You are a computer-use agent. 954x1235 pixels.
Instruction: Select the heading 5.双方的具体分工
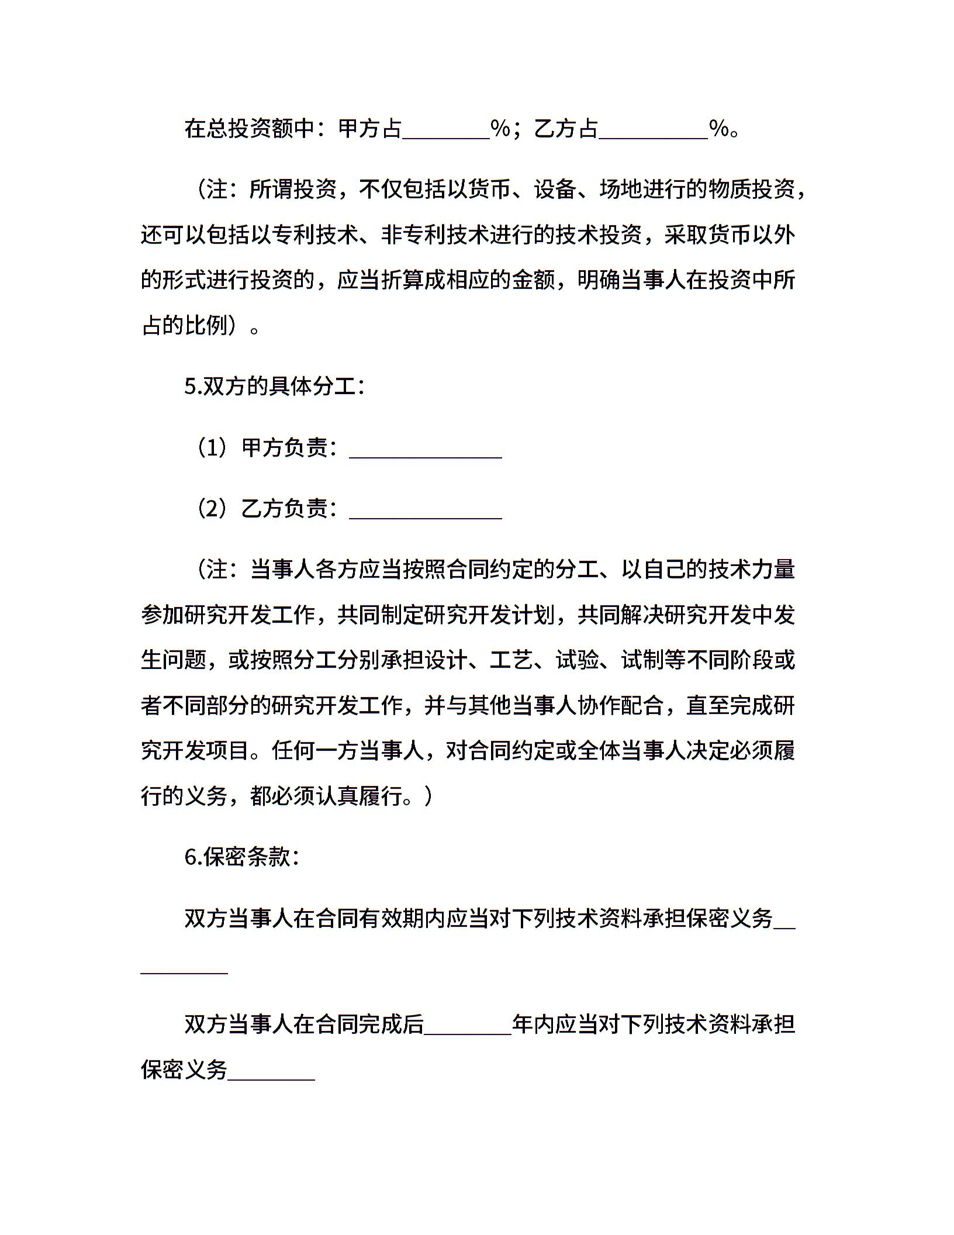coord(274,387)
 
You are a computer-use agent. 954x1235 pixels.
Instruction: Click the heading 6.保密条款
coord(242,857)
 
